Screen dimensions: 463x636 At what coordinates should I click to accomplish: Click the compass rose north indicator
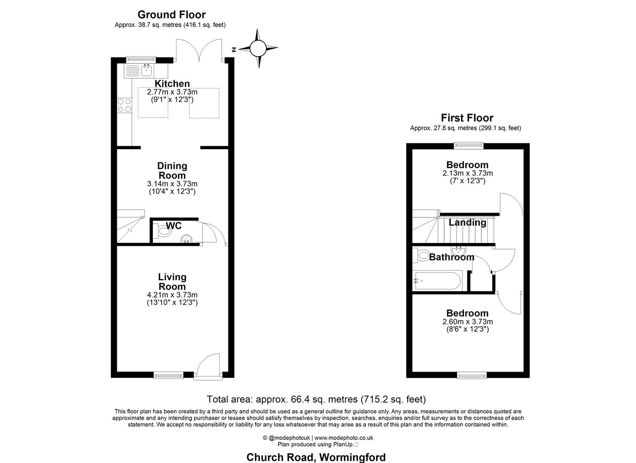coord(257,48)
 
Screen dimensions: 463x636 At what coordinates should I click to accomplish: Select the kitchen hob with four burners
coord(124,105)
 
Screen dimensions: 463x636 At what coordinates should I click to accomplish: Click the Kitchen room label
coord(172,84)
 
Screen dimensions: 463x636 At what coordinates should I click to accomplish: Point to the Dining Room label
coord(172,171)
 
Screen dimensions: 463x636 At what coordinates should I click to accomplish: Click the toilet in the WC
coord(163,232)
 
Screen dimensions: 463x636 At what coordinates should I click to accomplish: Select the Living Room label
coord(172,282)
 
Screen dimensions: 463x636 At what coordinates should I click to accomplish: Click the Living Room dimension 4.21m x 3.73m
coord(172,295)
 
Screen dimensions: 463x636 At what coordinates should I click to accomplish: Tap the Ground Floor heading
coord(171,15)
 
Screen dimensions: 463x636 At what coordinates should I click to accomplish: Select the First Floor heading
coord(467,118)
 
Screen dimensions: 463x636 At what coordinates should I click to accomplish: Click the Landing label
coord(467,222)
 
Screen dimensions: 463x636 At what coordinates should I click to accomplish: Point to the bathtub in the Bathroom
coord(437,281)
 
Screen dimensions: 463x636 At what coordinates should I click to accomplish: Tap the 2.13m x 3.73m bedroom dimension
coord(467,174)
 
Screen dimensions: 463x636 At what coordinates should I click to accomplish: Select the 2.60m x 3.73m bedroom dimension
coord(467,322)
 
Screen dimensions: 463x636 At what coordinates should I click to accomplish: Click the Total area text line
coord(316,400)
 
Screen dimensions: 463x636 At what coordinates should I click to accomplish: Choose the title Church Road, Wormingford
coord(316,457)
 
